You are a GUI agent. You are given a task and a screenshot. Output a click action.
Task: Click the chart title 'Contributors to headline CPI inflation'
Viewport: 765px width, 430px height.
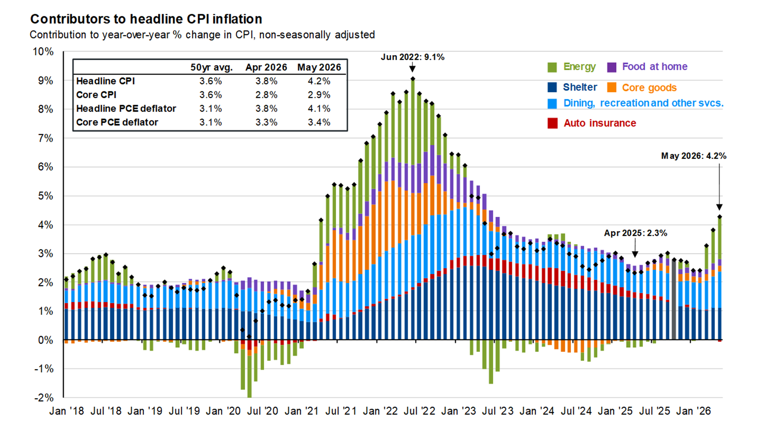[x=146, y=19]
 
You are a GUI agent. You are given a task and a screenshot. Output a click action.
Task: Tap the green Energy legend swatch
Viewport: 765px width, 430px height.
[x=552, y=67]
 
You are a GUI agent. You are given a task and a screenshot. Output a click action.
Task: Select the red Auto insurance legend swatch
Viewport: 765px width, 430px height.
[x=552, y=123]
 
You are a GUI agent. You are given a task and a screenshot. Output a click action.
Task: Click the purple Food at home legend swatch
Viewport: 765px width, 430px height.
[x=612, y=67]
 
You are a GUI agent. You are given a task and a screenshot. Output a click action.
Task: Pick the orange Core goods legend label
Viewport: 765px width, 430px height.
[x=649, y=87]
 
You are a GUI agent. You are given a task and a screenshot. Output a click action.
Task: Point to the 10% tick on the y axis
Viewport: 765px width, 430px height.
[x=43, y=52]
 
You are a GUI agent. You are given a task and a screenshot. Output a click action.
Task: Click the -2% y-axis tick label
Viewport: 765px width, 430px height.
[x=44, y=398]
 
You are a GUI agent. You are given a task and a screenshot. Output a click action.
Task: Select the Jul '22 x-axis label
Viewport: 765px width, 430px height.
[x=419, y=411]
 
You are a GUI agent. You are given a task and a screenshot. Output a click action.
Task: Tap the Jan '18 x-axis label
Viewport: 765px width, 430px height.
[x=67, y=411]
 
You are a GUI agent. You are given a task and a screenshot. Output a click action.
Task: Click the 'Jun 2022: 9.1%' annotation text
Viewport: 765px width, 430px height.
[x=412, y=57]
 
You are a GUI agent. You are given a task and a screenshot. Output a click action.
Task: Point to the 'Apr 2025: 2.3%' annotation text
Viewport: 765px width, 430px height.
[x=636, y=233]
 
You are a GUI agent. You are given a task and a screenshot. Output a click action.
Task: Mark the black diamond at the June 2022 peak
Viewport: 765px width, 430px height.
[x=413, y=79]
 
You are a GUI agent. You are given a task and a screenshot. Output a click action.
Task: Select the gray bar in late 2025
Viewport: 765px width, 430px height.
[x=674, y=300]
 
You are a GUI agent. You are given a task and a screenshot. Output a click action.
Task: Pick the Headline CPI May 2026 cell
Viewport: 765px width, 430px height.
[x=319, y=81]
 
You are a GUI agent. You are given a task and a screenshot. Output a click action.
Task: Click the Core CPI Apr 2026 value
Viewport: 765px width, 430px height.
[x=266, y=95]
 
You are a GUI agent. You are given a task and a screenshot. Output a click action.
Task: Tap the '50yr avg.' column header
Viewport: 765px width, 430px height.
[x=211, y=67]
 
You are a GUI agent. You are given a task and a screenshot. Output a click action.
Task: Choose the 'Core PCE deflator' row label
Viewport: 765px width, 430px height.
[x=117, y=122]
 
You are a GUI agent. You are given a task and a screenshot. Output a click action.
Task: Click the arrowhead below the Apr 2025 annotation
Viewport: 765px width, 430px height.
[x=635, y=254]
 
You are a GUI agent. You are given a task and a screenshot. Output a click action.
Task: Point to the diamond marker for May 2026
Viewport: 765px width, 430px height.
[x=720, y=217]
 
